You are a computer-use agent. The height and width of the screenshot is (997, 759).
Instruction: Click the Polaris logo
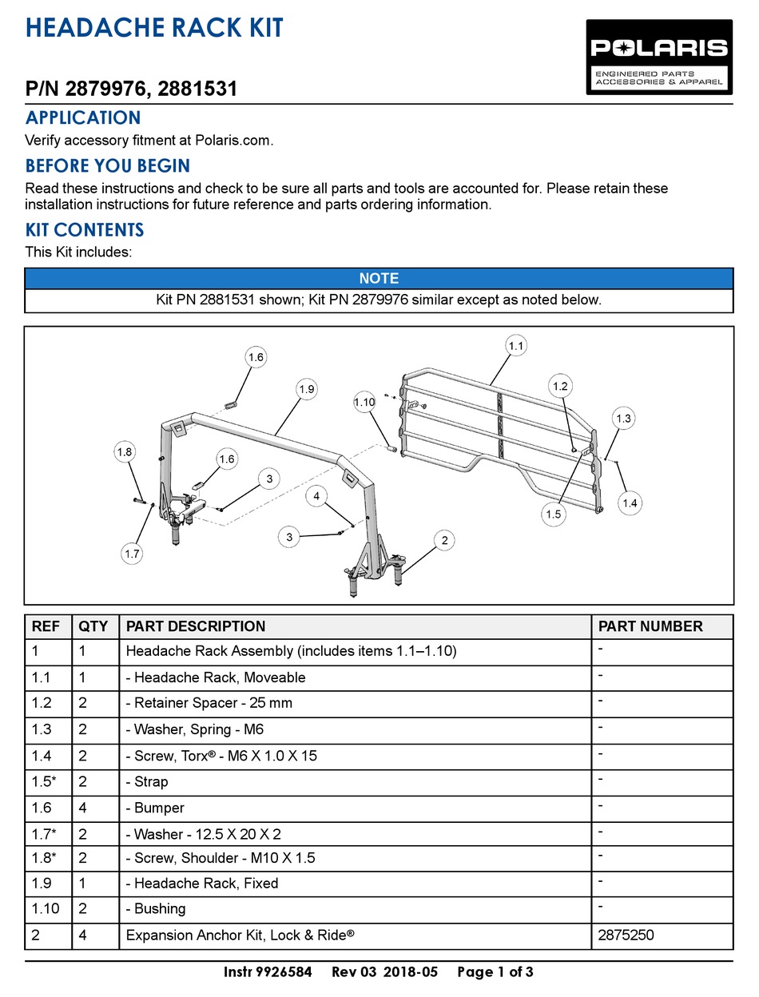tap(659, 57)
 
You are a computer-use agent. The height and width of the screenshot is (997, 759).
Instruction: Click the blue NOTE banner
tap(379, 279)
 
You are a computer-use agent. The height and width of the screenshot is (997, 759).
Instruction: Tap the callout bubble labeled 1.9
tap(307, 389)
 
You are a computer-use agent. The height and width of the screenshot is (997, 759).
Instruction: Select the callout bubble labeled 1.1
tap(516, 346)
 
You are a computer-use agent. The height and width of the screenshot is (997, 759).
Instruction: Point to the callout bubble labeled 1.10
tap(364, 403)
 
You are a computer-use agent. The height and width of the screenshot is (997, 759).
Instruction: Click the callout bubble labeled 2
tap(443, 540)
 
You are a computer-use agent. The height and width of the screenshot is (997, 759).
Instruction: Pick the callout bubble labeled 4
tap(317, 496)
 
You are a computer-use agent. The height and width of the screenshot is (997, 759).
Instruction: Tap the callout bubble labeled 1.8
tap(124, 452)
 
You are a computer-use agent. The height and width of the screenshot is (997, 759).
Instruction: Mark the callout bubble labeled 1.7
tap(132, 552)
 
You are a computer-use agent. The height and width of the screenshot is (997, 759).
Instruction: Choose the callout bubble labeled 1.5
tap(554, 514)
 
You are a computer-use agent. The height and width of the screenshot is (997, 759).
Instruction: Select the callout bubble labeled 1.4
tap(630, 502)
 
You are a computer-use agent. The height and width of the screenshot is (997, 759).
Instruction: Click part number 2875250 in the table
tap(626, 935)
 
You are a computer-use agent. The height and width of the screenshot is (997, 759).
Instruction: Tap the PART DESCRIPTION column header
tap(196, 626)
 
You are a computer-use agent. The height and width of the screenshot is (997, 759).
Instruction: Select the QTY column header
tap(93, 626)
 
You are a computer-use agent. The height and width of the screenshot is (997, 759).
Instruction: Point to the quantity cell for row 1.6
tap(83, 808)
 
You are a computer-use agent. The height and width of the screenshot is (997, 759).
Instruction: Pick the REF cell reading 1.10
tap(42, 908)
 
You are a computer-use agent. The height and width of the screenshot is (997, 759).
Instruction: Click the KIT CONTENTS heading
tap(85, 230)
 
